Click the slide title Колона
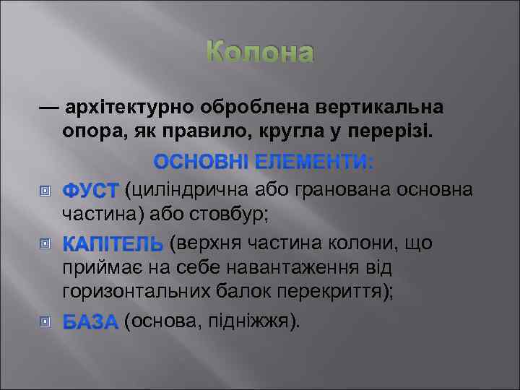260,53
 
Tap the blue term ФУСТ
90,190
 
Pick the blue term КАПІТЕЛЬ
113,243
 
